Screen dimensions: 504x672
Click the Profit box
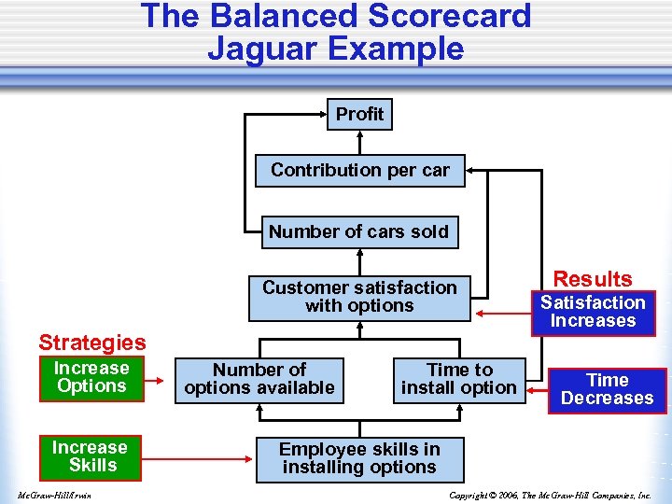click(x=359, y=114)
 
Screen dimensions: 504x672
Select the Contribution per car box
click(x=359, y=171)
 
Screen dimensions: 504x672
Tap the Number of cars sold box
click(x=359, y=231)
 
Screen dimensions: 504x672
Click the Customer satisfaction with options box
click(x=359, y=297)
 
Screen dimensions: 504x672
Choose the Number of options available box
click(x=259, y=379)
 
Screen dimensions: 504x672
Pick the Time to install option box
click(x=459, y=379)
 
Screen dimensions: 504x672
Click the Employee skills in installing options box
click(x=359, y=458)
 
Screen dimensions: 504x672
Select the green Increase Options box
click(x=91, y=377)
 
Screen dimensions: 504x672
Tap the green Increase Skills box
click(x=91, y=456)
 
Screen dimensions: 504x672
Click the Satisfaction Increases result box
click(x=593, y=312)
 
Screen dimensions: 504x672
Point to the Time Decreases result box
click(x=607, y=389)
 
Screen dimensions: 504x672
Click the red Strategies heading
click(x=91, y=343)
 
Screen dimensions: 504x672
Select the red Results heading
click(x=593, y=279)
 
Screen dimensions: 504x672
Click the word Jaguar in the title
click(x=267, y=49)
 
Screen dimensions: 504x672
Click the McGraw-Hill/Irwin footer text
click(x=54, y=495)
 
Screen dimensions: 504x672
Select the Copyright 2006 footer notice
click(x=550, y=495)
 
